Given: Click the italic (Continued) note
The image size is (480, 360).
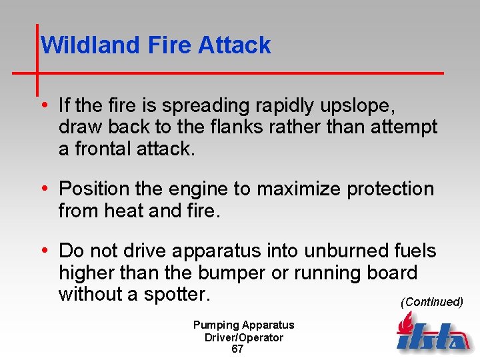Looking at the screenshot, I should pyautogui.click(x=431, y=302).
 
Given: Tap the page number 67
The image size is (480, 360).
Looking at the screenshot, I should pyautogui.click(x=237, y=349).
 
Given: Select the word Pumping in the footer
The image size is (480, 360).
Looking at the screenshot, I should pyautogui.click(x=215, y=325).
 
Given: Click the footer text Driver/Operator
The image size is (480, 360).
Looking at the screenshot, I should pyautogui.click(x=243, y=337).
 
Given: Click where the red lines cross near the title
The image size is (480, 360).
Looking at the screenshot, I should pyautogui.click(x=37, y=71).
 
